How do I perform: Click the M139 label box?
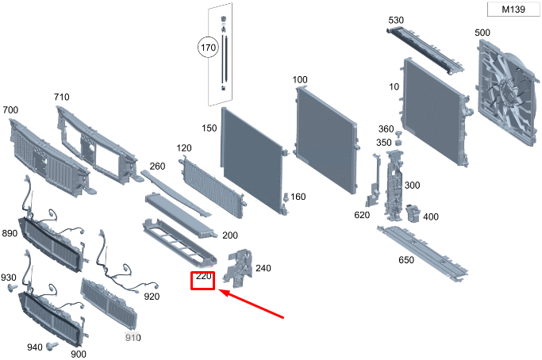(x=513, y=10)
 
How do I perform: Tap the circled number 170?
(x=208, y=48)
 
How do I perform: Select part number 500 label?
(x=482, y=33)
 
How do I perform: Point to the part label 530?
(x=397, y=20)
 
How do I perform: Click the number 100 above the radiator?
(x=300, y=79)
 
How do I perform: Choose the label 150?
(x=209, y=128)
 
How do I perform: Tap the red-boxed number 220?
(x=203, y=277)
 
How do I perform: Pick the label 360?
(x=386, y=129)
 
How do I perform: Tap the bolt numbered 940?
(x=52, y=346)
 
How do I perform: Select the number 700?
(x=10, y=109)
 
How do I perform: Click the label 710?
(x=61, y=97)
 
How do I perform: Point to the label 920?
(x=152, y=297)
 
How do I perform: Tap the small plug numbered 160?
(x=286, y=197)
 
